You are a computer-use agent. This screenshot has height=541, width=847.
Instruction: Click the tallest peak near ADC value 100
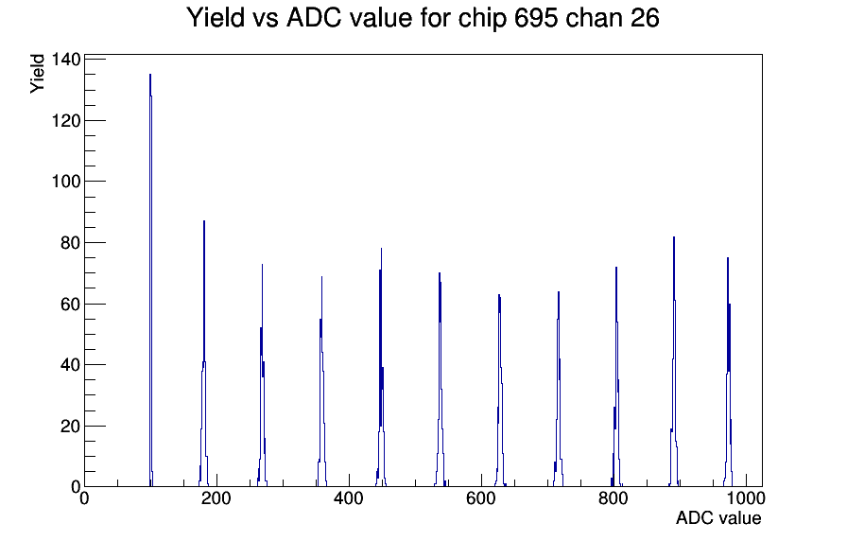(150, 281)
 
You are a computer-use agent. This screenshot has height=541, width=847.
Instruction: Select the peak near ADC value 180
(204, 357)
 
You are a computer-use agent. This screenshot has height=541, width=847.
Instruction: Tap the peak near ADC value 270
(262, 378)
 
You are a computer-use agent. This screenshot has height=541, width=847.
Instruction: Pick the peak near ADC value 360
(322, 384)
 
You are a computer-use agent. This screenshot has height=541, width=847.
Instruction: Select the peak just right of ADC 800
(616, 378)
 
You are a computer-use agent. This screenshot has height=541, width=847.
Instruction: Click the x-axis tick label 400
(349, 498)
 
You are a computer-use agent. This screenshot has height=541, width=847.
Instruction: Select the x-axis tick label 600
(481, 498)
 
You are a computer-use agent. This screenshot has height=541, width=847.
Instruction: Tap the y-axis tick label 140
(66, 59)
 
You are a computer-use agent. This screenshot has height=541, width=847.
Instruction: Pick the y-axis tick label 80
(70, 243)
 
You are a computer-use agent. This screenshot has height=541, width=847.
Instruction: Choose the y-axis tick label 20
(70, 427)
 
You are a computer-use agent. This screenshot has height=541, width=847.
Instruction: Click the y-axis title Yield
(37, 74)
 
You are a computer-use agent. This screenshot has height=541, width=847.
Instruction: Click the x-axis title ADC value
(718, 518)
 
